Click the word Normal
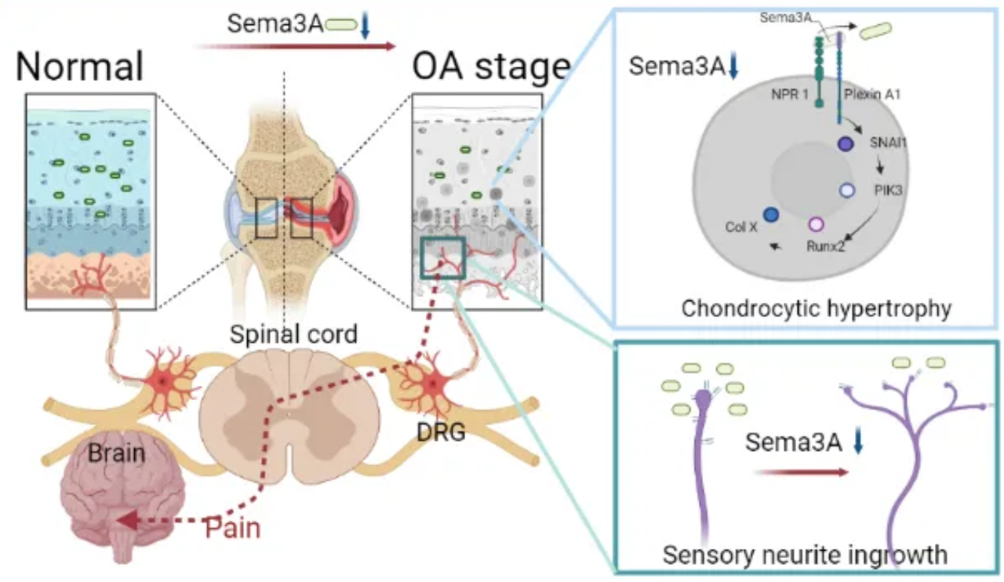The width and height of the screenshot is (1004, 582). (80, 67)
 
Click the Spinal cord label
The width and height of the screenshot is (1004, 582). (293, 334)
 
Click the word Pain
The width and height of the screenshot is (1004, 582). (232, 527)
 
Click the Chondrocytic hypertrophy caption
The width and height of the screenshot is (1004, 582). (816, 307)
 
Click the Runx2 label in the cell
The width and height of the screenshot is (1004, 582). (825, 246)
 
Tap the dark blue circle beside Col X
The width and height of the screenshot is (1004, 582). (770, 214)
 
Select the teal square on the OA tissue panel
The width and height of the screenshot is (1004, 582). (443, 257)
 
